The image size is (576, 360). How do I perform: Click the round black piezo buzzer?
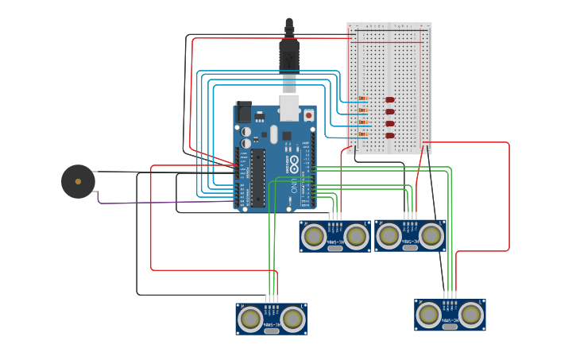(78, 181)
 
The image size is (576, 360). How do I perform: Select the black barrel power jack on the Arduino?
(243, 112)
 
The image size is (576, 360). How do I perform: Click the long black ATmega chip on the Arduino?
(258, 176)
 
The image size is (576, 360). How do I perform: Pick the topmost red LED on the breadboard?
(390, 99)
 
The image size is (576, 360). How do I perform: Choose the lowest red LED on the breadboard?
(390, 135)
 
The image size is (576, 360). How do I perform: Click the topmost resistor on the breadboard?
(363, 99)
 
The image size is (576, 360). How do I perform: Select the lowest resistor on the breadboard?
(363, 134)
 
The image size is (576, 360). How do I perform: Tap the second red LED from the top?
(390, 111)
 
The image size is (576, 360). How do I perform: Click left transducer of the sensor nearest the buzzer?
(250, 319)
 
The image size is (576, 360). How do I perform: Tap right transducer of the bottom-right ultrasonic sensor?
(471, 315)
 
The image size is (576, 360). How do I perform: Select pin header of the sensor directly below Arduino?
(335, 216)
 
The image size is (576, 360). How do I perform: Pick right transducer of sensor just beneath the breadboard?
(431, 235)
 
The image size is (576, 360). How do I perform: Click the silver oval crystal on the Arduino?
(274, 134)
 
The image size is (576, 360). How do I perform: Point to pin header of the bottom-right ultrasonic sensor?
(450, 295)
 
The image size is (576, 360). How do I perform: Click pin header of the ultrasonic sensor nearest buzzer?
(272, 299)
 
